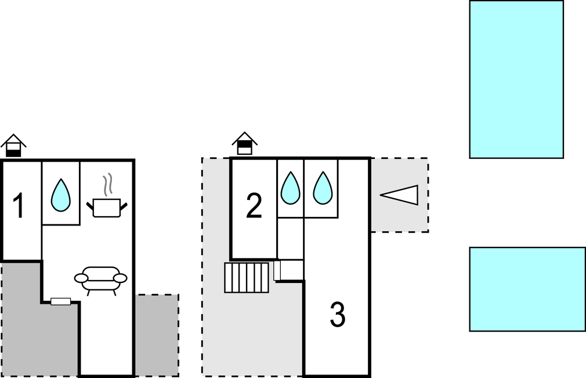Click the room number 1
pos(19,206)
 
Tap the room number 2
pos(254,206)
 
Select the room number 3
pos(338,315)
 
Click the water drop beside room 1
pos(60,195)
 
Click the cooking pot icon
pos(107,208)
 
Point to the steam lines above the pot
pos(107,186)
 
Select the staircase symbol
pos(247,278)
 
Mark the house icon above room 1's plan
pos(13,146)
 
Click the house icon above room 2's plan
pos(245,143)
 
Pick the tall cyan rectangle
pos(516,79)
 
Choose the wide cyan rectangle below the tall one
pos(527,289)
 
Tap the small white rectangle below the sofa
pos(60,301)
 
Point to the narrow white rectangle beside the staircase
pos(277,270)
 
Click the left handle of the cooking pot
pos(90,204)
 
